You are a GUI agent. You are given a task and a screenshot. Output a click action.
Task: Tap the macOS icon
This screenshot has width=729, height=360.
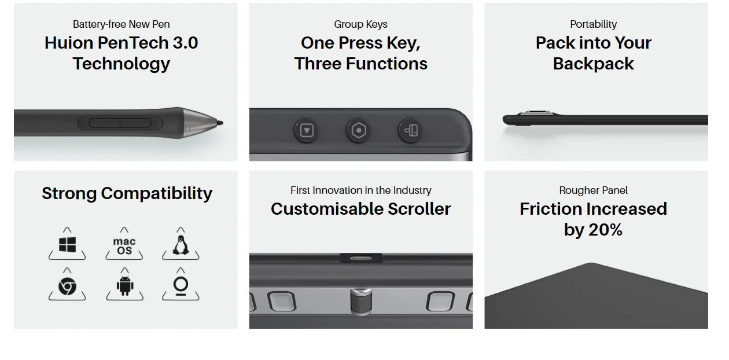coord(124,246)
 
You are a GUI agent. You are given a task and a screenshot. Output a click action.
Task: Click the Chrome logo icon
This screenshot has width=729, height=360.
coord(67,286)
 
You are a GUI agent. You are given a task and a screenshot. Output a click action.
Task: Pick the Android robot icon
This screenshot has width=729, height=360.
coord(124,286)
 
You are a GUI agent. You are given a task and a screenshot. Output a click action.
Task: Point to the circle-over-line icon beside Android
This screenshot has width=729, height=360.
coord(181,286)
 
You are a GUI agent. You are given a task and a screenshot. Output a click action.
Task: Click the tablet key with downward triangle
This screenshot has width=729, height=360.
coord(307,131)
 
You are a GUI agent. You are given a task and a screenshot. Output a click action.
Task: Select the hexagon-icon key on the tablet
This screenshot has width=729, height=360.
coord(359,131)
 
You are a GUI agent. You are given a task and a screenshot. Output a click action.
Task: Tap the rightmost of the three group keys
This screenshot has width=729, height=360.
coord(410,131)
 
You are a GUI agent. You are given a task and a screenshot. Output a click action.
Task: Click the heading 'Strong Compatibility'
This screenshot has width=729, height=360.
coord(127,193)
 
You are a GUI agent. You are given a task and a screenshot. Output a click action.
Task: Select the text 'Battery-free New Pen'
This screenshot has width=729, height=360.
coord(122,24)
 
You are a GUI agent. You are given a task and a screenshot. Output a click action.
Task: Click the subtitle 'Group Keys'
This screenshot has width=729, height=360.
coord(360,24)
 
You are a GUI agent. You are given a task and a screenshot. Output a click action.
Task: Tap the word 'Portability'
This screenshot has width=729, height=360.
coord(593,24)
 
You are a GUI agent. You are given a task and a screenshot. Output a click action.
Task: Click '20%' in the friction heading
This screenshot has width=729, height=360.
coord(605,230)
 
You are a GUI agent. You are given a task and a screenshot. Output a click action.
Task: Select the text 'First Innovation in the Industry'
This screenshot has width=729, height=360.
coord(360,190)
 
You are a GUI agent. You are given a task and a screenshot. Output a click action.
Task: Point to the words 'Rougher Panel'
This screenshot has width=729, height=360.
coord(593,190)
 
